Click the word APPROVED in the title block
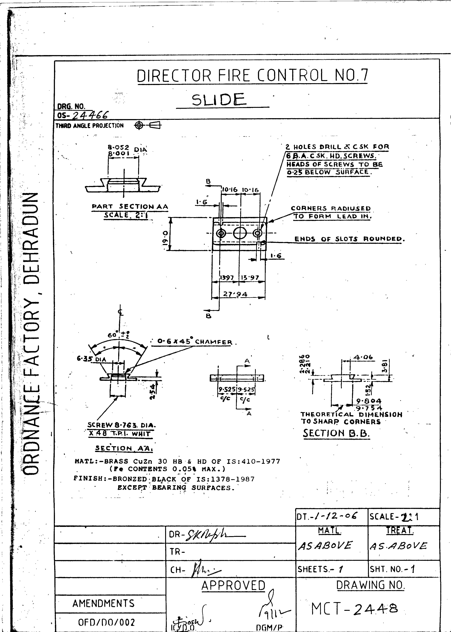click(233, 586)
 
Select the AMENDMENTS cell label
click(103, 603)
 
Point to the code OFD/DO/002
click(106, 622)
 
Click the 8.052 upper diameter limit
click(118, 148)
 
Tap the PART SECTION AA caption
click(130, 207)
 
